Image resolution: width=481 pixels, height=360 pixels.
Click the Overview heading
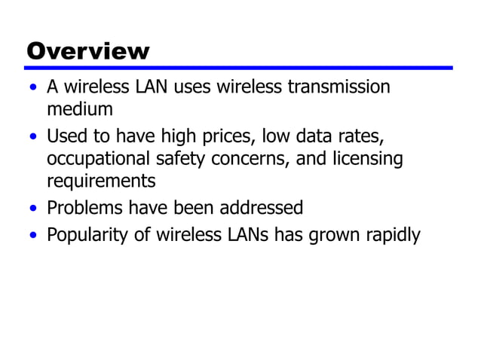tap(88, 51)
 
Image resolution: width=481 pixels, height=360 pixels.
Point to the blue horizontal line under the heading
tap(240, 68)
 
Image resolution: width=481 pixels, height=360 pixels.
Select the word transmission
tap(339, 87)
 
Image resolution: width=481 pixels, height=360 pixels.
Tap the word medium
tap(80, 109)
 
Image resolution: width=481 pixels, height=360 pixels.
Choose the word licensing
tap(364, 160)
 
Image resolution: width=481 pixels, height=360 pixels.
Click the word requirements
tap(101, 181)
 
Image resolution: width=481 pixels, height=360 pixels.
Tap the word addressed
tap(265, 207)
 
